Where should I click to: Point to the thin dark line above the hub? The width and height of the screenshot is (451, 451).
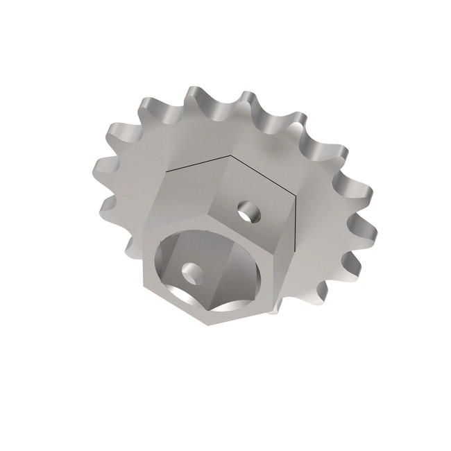click(201, 164)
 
